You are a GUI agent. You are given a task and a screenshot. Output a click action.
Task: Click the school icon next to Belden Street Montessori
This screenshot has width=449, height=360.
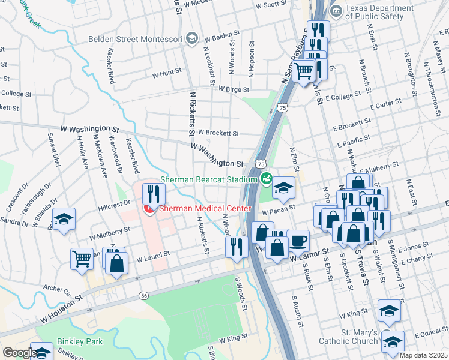pyautogui.click(x=191, y=39)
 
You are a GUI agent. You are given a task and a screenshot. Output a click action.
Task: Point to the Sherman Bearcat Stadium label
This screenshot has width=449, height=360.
pyautogui.click(x=208, y=179)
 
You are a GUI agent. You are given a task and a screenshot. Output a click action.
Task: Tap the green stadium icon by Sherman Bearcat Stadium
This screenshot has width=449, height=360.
pyautogui.click(x=265, y=178)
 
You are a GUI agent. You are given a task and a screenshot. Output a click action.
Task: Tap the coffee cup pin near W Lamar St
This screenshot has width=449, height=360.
pyautogui.click(x=298, y=241)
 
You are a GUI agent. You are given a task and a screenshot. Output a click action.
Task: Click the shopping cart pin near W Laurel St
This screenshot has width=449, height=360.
pyautogui.click(x=82, y=259)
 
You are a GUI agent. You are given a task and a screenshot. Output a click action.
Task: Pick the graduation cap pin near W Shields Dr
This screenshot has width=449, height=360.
pyautogui.click(x=64, y=219)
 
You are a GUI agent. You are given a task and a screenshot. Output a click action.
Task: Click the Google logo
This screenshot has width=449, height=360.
pyautogui.click(x=19, y=353)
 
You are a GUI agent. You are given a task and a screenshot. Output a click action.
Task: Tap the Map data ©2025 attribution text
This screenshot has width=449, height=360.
pyautogui.click(x=423, y=355)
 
